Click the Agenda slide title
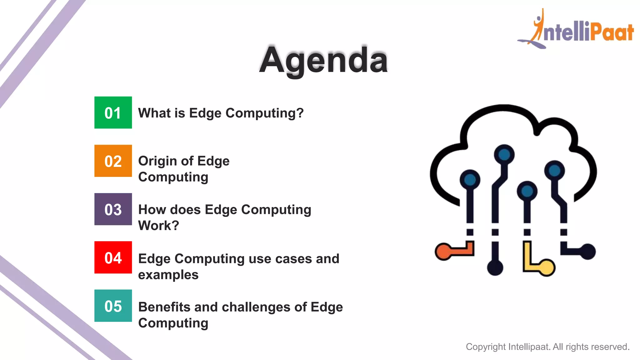(x=323, y=60)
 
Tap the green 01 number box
(x=113, y=112)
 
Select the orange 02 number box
(x=113, y=161)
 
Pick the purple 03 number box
(x=113, y=209)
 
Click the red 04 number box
(x=113, y=257)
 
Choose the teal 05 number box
(x=113, y=306)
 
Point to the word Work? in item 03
(x=158, y=226)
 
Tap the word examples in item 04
(x=168, y=275)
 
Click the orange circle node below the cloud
(x=443, y=252)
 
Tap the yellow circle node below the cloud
(x=547, y=267)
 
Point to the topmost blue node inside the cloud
(x=504, y=154)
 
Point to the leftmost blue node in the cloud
(x=470, y=180)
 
